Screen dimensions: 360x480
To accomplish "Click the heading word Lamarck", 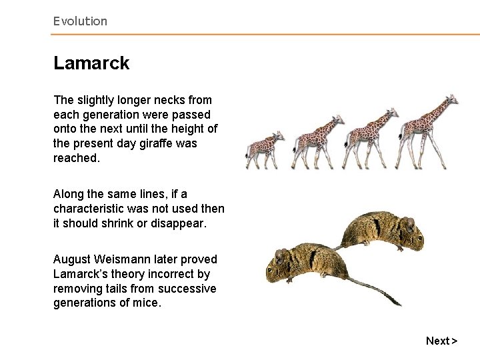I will pyautogui.click(x=91, y=63).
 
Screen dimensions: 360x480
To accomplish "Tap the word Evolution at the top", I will pyautogui.click(x=80, y=21).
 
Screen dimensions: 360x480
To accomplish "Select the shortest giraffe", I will pyautogui.click(x=263, y=150).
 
